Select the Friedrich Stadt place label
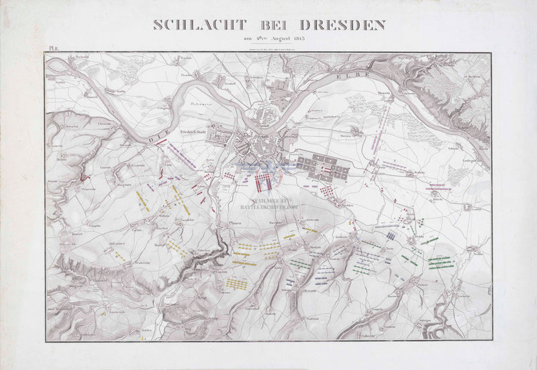click(x=191, y=132)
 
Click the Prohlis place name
click(x=420, y=237)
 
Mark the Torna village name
click(x=388, y=247)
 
